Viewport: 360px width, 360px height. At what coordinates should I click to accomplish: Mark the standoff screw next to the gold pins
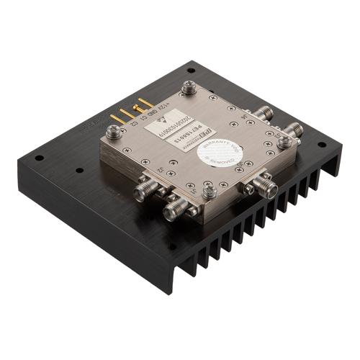(x=114, y=131)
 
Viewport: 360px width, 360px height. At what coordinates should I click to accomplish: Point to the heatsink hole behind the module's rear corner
(x=192, y=71)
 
